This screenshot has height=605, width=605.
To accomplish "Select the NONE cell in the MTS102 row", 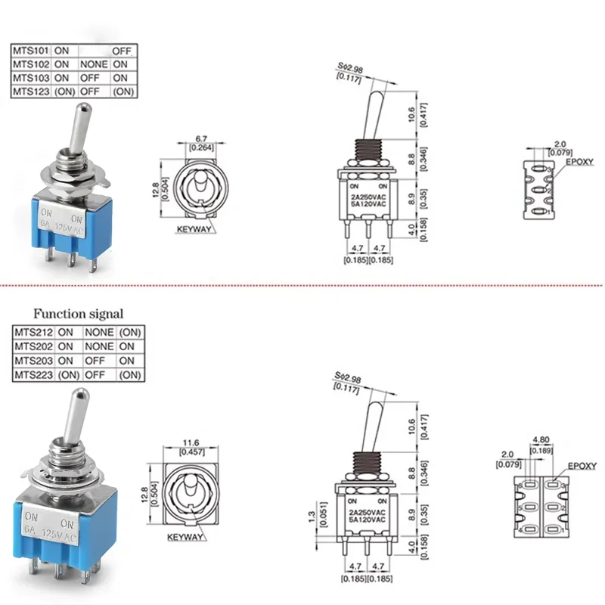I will coord(94,64).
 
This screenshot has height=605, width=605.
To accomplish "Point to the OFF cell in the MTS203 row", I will coord(95,361).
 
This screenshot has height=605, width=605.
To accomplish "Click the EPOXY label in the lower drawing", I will coord(582,467).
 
